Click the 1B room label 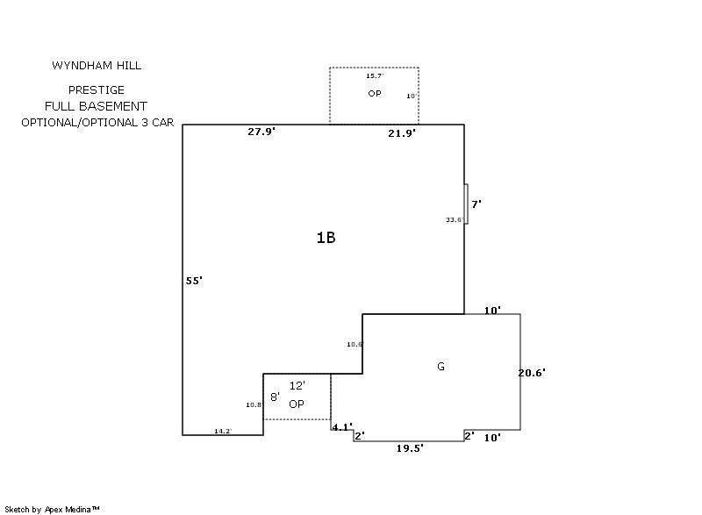coord(326,237)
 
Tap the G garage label coord(441,367)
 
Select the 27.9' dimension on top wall coord(261,132)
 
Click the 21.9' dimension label coord(401,133)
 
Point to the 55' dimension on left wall coord(194,281)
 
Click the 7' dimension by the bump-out coord(476,204)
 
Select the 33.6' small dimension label coord(454,219)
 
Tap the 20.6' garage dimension coord(532,373)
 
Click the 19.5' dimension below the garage coord(410,448)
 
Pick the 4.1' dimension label coord(341,427)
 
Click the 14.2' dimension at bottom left coord(223,431)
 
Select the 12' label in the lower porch coord(297,386)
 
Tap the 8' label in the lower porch coord(274,397)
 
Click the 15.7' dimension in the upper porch coord(374,77)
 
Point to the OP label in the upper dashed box coord(374,93)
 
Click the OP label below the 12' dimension coord(297,404)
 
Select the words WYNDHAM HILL coord(97,66)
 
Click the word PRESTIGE coord(97,90)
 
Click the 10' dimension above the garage coord(492,311)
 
